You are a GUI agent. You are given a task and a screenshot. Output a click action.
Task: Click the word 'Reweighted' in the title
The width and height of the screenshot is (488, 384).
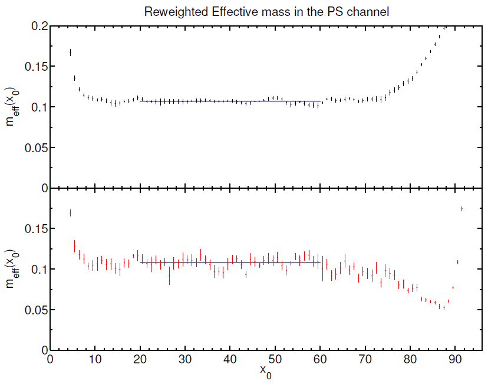pos(171,12)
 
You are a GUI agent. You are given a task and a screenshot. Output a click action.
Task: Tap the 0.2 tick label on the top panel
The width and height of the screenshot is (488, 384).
pos(38,26)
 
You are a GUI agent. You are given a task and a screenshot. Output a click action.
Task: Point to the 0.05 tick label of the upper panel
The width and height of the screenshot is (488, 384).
pos(35,147)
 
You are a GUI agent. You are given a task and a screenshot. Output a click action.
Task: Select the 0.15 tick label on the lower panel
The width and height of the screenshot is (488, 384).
pos(35,229)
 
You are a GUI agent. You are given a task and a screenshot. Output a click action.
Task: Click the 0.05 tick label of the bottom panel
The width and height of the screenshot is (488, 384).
pos(35,310)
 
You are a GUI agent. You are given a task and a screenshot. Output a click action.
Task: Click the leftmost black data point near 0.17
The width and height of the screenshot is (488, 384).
pos(70,52)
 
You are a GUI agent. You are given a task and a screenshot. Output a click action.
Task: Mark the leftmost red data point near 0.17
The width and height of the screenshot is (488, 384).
pos(70,213)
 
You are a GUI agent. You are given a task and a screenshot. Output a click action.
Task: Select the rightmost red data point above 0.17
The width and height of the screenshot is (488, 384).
pos(461,209)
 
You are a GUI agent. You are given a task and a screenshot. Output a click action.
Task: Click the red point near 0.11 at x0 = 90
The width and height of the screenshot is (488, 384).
pos(457,262)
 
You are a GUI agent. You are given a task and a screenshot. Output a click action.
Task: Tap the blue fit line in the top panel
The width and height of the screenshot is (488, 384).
pos(230,101)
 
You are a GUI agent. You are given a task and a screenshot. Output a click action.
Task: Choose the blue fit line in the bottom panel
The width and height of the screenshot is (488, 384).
pos(230,262)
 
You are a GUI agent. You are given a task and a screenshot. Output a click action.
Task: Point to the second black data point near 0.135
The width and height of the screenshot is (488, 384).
pos(75,78)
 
